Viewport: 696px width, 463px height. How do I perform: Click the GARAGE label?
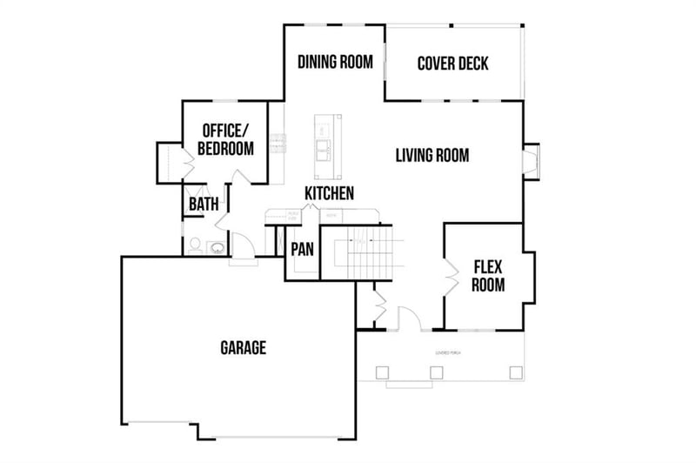click(243, 348)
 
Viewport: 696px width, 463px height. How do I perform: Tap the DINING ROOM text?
click(335, 62)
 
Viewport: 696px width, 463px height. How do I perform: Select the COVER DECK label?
click(452, 64)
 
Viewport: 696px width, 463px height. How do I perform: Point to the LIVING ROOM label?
click(432, 156)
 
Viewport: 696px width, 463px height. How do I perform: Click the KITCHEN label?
click(329, 193)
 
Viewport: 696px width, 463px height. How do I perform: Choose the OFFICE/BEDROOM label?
click(225, 139)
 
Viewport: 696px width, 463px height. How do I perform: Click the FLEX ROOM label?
click(488, 275)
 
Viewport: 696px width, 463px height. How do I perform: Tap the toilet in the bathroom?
click(195, 245)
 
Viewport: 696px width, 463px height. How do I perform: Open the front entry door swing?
click(409, 319)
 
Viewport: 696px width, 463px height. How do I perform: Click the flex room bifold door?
click(451, 276)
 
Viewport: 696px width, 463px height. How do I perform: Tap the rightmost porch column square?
click(515, 372)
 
